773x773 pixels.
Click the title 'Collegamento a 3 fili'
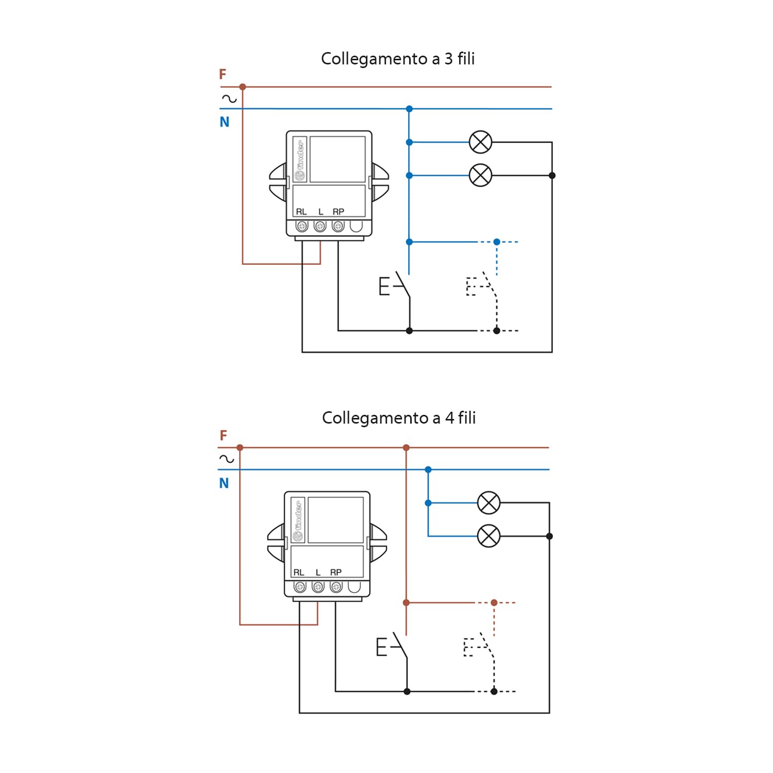click(x=398, y=59)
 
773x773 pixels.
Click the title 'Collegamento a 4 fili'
click(x=399, y=418)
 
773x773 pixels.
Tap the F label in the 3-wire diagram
click(x=223, y=74)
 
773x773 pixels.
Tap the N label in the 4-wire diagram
click(x=224, y=483)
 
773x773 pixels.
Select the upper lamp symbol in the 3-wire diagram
click(x=480, y=142)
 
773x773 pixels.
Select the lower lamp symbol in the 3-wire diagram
click(x=480, y=176)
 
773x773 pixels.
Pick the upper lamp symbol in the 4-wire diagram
click(x=489, y=503)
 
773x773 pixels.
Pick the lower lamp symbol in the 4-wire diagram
click(x=489, y=536)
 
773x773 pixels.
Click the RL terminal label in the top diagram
click(x=301, y=212)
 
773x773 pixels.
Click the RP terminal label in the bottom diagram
click(x=336, y=573)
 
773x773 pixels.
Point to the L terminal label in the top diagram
click(x=321, y=212)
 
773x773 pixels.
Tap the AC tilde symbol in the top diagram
click(x=229, y=98)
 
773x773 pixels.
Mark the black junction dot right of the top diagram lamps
click(x=552, y=176)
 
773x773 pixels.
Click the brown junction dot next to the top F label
click(x=243, y=87)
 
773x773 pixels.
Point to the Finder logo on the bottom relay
click(x=298, y=520)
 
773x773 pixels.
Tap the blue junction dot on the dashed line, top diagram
click(x=497, y=242)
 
